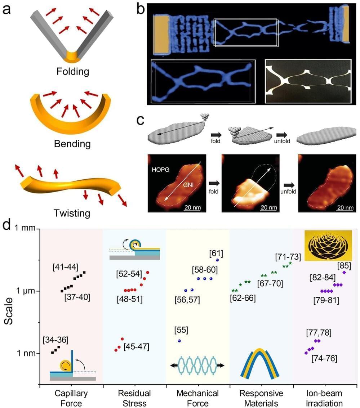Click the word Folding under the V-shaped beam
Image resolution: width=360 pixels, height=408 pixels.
tap(72, 71)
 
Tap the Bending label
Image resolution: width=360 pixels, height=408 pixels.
tap(72, 144)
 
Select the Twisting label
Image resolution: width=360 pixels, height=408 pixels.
tap(72, 213)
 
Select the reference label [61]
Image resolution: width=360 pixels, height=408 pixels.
tap(216, 254)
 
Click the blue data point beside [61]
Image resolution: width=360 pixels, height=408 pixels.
tap(217, 260)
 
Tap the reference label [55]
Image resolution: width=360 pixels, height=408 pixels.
tap(181, 330)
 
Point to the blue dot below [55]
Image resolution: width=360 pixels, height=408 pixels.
tap(179, 341)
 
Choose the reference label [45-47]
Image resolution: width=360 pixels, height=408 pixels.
tap(136, 346)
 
